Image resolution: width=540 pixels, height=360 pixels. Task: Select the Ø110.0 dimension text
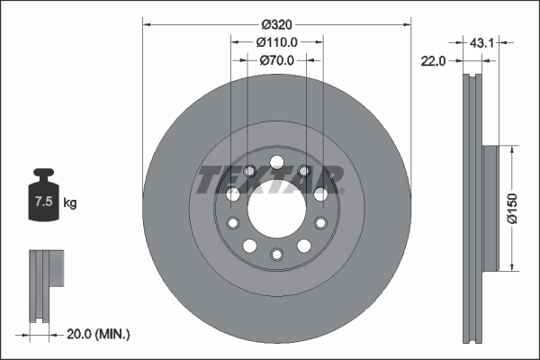coord(277,41)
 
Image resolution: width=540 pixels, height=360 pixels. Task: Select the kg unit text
coord(69,203)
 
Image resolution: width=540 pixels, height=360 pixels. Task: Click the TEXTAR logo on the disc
coord(270,179)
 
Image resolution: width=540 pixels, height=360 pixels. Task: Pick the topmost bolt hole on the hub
coord(277,162)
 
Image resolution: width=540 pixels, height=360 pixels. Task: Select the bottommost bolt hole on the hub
coord(277,255)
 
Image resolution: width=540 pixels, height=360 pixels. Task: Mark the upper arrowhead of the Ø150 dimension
coord(512,150)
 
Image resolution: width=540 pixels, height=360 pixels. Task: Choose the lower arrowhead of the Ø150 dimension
coord(512,265)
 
